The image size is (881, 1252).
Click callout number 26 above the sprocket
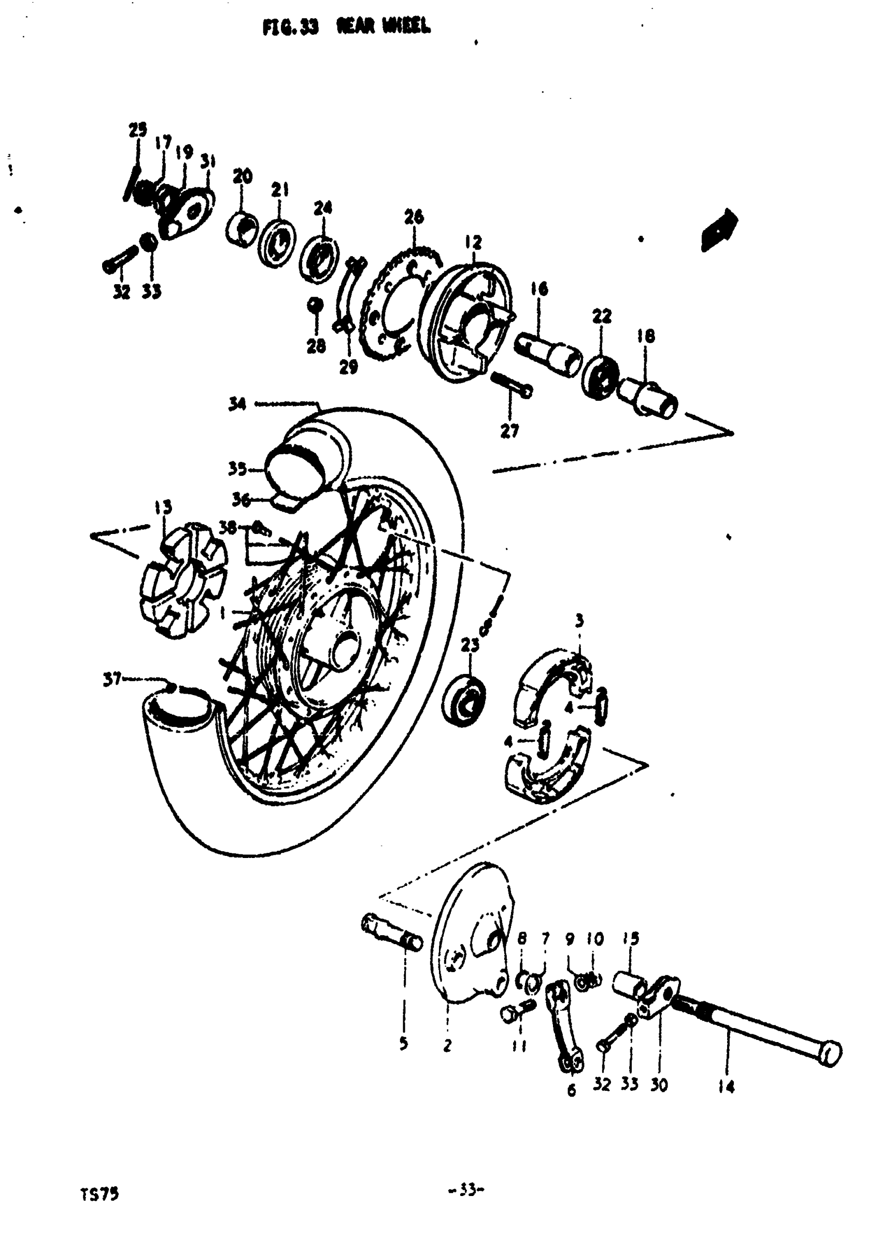click(x=414, y=217)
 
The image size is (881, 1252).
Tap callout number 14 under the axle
click(x=726, y=1087)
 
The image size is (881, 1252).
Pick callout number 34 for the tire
click(x=237, y=404)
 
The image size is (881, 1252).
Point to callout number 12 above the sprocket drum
click(x=473, y=242)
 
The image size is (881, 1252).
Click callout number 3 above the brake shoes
click(x=579, y=621)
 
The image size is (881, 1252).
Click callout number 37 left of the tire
click(x=112, y=680)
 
